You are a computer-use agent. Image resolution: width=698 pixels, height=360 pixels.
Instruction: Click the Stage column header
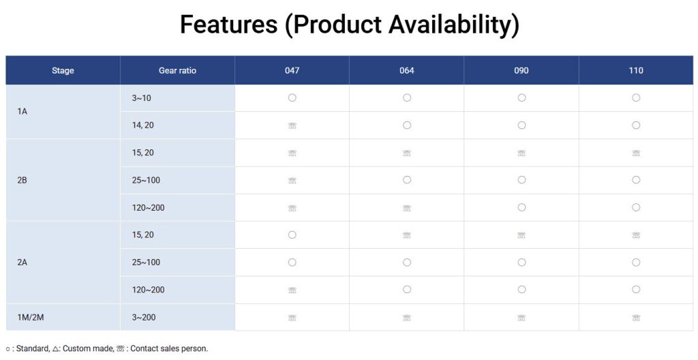63,70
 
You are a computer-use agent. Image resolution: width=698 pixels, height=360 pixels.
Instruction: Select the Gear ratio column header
177,70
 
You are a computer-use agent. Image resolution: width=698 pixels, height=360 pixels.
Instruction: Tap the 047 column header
292,70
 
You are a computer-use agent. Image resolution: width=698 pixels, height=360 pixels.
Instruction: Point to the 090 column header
521,70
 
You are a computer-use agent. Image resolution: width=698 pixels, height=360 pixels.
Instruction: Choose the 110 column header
636,70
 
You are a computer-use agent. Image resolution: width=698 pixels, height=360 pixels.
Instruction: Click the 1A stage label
22,111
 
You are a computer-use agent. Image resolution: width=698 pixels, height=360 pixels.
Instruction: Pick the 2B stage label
22,181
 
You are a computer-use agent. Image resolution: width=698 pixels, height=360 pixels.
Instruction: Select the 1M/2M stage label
31,318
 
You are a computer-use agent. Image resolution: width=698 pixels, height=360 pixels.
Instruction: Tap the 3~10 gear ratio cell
141,98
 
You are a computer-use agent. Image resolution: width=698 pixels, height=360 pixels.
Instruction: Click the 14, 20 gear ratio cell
143,125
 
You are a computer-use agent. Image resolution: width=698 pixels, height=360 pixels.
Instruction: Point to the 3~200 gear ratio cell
143,318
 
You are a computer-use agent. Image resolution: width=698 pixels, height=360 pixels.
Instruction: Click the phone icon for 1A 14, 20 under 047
292,125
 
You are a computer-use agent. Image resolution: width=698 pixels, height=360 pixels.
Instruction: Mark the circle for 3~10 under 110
636,97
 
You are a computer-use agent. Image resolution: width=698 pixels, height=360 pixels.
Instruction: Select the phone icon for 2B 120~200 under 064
406,208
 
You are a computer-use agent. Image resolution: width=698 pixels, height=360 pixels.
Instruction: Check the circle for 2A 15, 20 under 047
292,235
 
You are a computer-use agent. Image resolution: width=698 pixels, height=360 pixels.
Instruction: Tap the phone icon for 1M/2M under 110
636,318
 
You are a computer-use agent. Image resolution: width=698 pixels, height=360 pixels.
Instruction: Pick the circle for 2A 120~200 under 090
521,290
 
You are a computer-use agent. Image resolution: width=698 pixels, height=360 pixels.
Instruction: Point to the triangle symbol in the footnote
56,349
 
